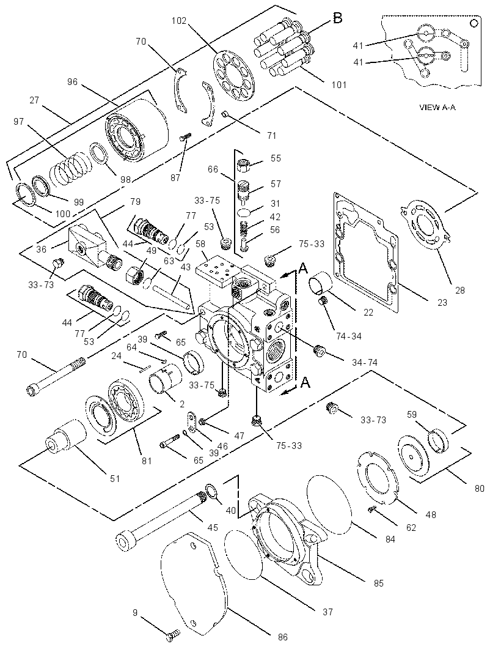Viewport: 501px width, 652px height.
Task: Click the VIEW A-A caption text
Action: [x=437, y=107]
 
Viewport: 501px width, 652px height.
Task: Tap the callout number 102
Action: [x=179, y=21]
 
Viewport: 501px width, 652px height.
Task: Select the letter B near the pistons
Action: [x=338, y=18]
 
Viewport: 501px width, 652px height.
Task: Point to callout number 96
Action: [x=72, y=82]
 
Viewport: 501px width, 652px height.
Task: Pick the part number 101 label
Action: [x=338, y=85]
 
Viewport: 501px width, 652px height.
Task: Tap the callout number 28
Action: [x=460, y=291]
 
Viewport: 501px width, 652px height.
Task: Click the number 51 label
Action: [x=115, y=479]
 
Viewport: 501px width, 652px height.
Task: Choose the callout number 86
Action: [x=282, y=637]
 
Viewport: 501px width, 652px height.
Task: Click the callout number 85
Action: [x=378, y=583]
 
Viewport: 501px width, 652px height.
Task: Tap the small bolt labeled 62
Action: [x=373, y=508]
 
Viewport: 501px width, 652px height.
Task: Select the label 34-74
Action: [x=364, y=363]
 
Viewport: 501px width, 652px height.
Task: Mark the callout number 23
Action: [x=442, y=303]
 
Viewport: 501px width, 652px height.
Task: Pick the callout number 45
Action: [x=213, y=528]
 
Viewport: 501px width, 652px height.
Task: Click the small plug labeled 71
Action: [x=226, y=114]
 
